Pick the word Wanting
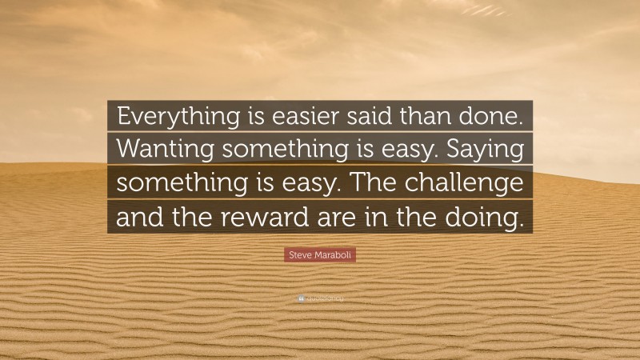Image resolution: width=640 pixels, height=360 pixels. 159,150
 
